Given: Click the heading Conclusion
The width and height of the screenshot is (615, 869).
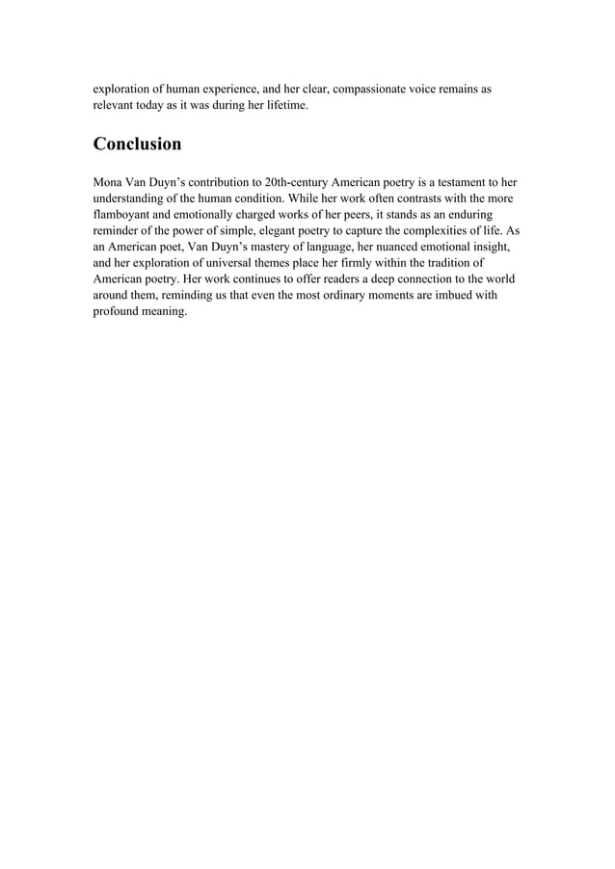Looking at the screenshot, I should (x=137, y=145).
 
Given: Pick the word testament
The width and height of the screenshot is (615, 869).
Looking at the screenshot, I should (x=452, y=181).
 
